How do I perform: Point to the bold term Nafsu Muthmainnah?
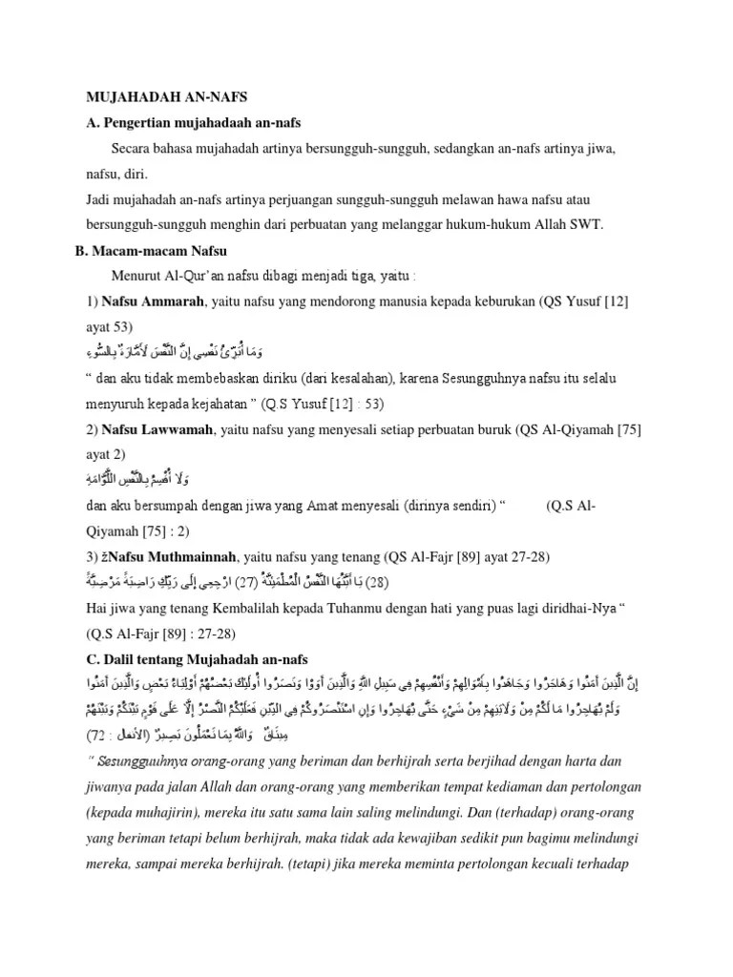(x=169, y=555)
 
